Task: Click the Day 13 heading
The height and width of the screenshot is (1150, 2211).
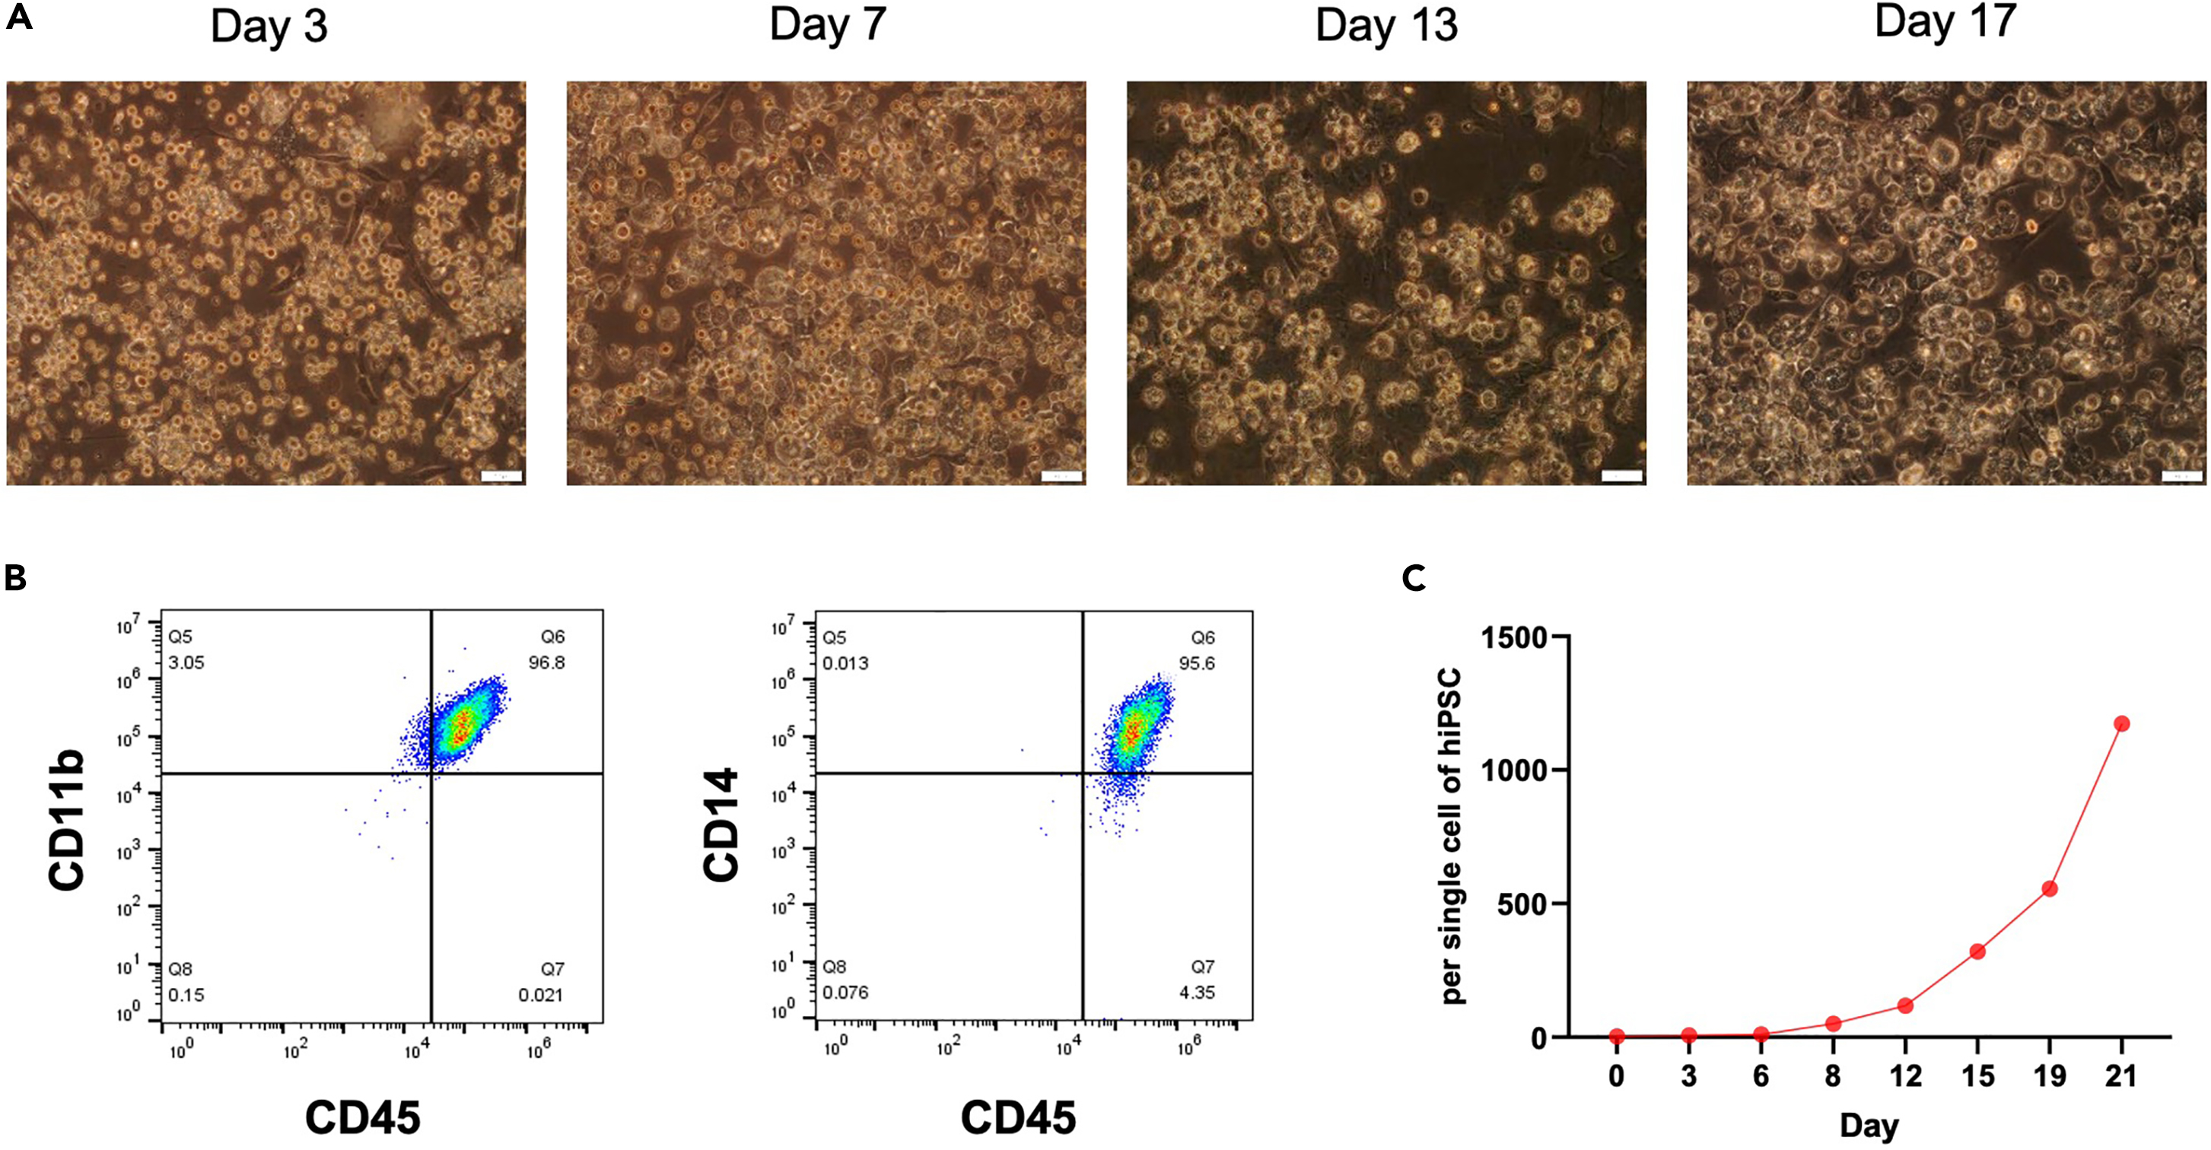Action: click(1386, 27)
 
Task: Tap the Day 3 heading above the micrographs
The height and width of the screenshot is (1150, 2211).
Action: click(269, 27)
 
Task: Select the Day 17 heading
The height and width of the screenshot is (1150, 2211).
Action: click(1945, 21)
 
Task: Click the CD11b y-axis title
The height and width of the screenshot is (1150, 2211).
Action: click(66, 821)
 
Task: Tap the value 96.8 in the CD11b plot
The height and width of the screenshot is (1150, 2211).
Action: click(547, 662)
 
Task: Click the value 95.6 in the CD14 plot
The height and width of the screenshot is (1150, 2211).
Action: click(1197, 663)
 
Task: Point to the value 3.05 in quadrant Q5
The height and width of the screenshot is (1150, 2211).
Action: click(186, 662)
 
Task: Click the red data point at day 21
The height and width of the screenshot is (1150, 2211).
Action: click(2122, 723)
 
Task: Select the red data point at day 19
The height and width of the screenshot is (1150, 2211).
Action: click(2050, 888)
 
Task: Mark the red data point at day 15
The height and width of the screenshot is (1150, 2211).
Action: click(1977, 951)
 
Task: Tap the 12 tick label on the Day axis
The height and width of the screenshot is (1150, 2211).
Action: click(1904, 1075)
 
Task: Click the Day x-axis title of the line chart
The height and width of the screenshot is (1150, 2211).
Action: click(1869, 1125)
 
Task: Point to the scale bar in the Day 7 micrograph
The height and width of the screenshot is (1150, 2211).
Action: click(1061, 476)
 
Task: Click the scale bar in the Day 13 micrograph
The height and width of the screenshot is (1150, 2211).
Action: click(1621, 476)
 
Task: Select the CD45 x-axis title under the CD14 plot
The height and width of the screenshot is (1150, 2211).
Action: click(1017, 1118)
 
